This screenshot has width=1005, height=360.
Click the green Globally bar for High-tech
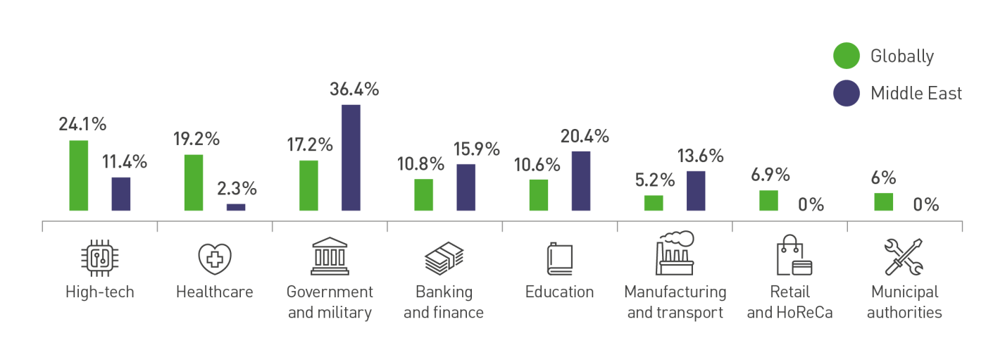click(x=78, y=175)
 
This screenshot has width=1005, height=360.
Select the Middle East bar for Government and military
click(x=351, y=158)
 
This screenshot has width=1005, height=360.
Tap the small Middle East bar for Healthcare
click(x=236, y=207)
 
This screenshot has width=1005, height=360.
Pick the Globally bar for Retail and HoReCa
click(x=768, y=200)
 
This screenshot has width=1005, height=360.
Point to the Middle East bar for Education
click(x=581, y=181)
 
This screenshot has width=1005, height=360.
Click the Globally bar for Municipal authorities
click(x=883, y=201)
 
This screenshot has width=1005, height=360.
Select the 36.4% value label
click(x=354, y=89)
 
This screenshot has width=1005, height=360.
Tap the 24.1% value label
click(x=82, y=125)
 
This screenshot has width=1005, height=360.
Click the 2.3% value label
click(x=236, y=189)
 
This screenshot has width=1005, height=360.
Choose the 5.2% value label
click(x=654, y=180)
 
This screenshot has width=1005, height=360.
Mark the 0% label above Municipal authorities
click(x=925, y=205)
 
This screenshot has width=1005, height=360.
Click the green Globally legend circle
click(x=846, y=56)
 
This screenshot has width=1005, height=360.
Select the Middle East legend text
click(x=916, y=93)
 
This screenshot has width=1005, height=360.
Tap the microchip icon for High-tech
click(x=99, y=257)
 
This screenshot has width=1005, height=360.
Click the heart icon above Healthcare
click(x=214, y=258)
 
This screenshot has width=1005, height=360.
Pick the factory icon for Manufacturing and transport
click(x=675, y=253)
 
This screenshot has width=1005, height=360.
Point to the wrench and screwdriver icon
click(x=904, y=257)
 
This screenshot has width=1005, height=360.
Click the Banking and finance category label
click(x=444, y=302)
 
